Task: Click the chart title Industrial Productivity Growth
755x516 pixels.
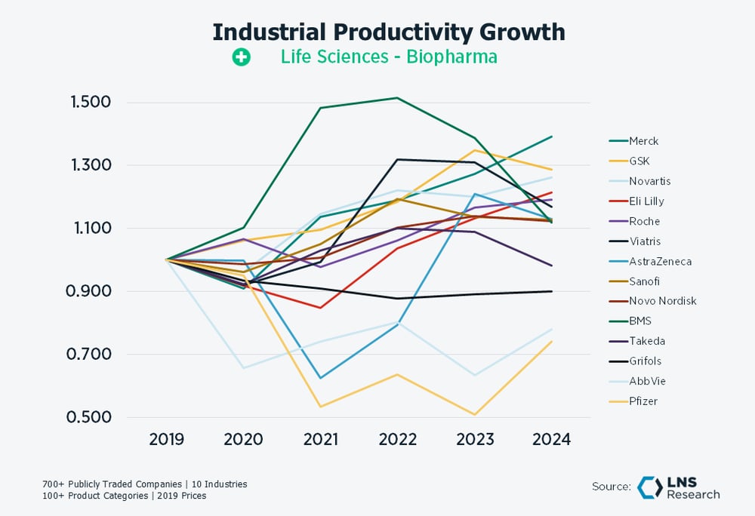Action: coord(388,32)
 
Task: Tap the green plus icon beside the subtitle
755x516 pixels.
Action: coord(241,57)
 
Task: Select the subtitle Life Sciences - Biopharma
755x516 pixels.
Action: coord(388,57)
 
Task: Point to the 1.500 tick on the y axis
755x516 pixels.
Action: coord(91,103)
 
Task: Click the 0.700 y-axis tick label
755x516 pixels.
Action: coord(91,355)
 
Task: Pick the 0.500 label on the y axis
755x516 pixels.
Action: coord(91,418)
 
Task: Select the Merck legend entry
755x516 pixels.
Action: coord(643,141)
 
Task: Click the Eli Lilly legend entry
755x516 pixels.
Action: coord(646,201)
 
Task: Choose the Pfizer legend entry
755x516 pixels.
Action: coord(643,401)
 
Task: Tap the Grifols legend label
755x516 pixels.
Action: coord(644,361)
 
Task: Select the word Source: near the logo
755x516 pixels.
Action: coord(611,487)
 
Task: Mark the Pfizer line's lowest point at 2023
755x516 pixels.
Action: coord(474,415)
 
